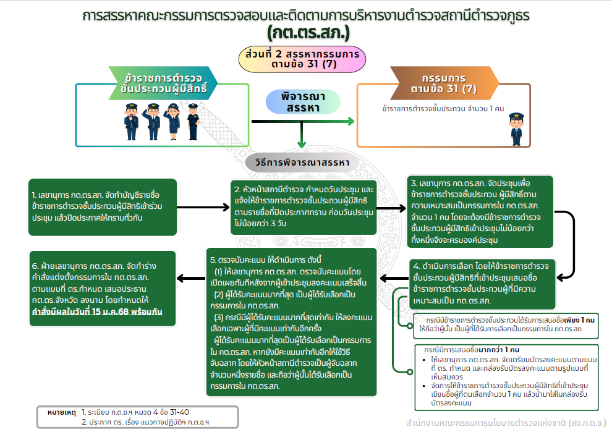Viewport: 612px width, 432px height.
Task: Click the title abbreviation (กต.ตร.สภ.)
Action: point(308,31)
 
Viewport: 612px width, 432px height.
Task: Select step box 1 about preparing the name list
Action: point(103,207)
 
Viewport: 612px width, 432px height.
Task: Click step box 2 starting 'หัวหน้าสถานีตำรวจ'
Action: point(302,207)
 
